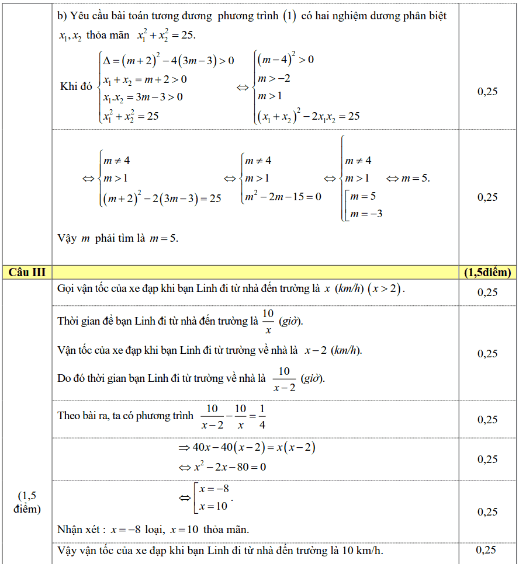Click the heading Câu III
click(x=27, y=272)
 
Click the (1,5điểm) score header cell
click(x=487, y=272)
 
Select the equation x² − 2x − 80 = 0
click(x=230, y=467)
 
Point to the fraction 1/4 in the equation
click(x=262, y=417)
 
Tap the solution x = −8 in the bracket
click(x=214, y=489)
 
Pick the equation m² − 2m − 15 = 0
click(x=283, y=197)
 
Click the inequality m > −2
click(x=274, y=78)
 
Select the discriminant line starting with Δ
click(x=168, y=60)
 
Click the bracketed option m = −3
click(x=366, y=214)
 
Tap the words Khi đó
click(x=76, y=86)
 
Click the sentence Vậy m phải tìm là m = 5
click(x=117, y=238)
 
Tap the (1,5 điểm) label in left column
click(x=27, y=502)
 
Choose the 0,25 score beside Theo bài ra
click(x=487, y=419)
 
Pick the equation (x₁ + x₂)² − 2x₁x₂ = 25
click(x=307, y=116)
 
